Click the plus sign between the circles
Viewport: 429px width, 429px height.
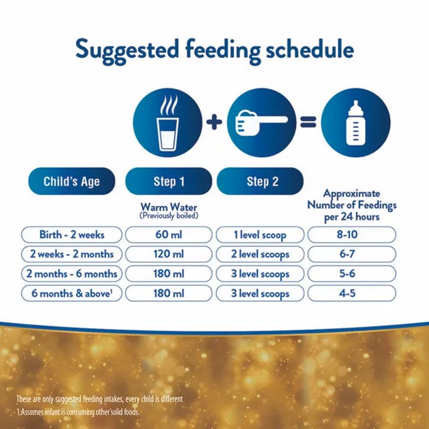(x=214, y=122)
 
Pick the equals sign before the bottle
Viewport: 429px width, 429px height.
(x=308, y=122)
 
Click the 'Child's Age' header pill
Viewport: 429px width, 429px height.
(x=72, y=181)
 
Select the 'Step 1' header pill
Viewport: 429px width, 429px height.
(x=169, y=181)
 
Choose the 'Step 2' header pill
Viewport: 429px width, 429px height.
(x=260, y=181)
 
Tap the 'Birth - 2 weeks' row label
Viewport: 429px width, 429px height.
(x=72, y=235)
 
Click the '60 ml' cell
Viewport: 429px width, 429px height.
(x=169, y=235)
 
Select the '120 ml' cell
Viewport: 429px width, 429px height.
(x=169, y=254)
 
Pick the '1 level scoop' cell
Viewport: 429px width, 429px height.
(x=260, y=235)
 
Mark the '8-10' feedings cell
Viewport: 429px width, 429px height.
(x=352, y=235)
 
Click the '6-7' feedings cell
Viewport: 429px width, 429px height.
(x=352, y=254)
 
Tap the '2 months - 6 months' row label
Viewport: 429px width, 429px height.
(x=72, y=274)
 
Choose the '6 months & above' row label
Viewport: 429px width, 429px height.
(x=72, y=293)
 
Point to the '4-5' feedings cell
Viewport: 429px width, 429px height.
(x=352, y=293)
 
